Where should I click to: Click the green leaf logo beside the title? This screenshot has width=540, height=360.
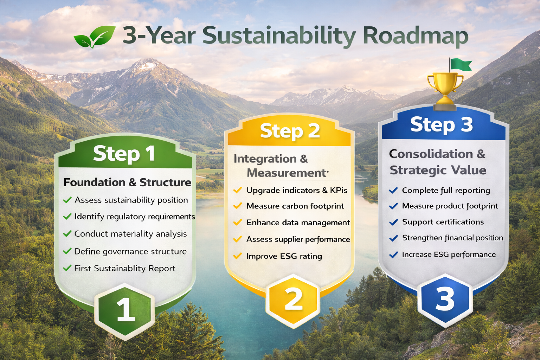[x=95, y=37]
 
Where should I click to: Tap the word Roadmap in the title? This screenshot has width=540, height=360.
[x=416, y=36]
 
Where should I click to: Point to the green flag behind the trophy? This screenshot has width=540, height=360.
[x=460, y=65]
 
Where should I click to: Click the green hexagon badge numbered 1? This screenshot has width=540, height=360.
[x=124, y=311]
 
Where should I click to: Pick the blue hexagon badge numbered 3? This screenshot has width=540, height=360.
[x=445, y=301]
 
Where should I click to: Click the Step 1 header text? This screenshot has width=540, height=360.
[x=124, y=154]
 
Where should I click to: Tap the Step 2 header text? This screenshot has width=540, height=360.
[x=290, y=131]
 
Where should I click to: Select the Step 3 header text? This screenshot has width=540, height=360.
[x=442, y=124]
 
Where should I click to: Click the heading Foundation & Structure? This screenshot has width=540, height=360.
[x=127, y=182]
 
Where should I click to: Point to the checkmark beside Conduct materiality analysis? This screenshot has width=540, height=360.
[x=67, y=233]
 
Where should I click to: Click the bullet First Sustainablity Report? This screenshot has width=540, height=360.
[x=125, y=268]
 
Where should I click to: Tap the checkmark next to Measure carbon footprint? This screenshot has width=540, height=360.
[x=237, y=206]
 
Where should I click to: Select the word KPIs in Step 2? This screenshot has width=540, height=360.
[x=339, y=190]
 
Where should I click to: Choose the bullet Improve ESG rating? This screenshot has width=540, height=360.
[x=284, y=256]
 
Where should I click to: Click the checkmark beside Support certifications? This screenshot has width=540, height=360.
[x=393, y=222]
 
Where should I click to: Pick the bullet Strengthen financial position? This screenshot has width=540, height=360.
[x=452, y=238]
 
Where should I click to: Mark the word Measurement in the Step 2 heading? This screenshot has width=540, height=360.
[x=287, y=173]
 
